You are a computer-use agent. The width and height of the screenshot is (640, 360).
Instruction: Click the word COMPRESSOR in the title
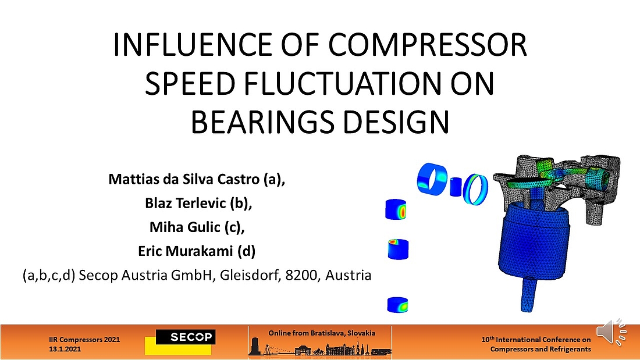[x=428, y=45]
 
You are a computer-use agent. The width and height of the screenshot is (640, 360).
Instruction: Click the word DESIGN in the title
[x=396, y=122]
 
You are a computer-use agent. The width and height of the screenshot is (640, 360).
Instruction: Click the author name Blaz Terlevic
[x=185, y=203]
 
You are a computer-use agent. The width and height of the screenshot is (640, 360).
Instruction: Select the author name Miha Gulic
[x=184, y=227]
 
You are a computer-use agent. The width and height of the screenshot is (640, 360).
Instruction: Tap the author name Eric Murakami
[x=185, y=251]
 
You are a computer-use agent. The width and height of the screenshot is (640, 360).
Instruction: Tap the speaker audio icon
[x=611, y=332]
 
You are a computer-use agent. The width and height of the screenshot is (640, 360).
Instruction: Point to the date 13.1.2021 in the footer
[x=65, y=350]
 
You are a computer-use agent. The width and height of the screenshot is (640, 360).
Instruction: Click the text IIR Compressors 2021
[x=84, y=340]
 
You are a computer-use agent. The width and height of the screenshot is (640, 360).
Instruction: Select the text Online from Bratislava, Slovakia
[x=322, y=333]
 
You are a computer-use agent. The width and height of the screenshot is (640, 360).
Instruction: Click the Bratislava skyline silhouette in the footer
[x=320, y=348]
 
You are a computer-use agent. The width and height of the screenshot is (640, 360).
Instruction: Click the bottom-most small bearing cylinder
[x=397, y=305]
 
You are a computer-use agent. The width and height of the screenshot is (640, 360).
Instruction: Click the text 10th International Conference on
[x=536, y=340]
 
